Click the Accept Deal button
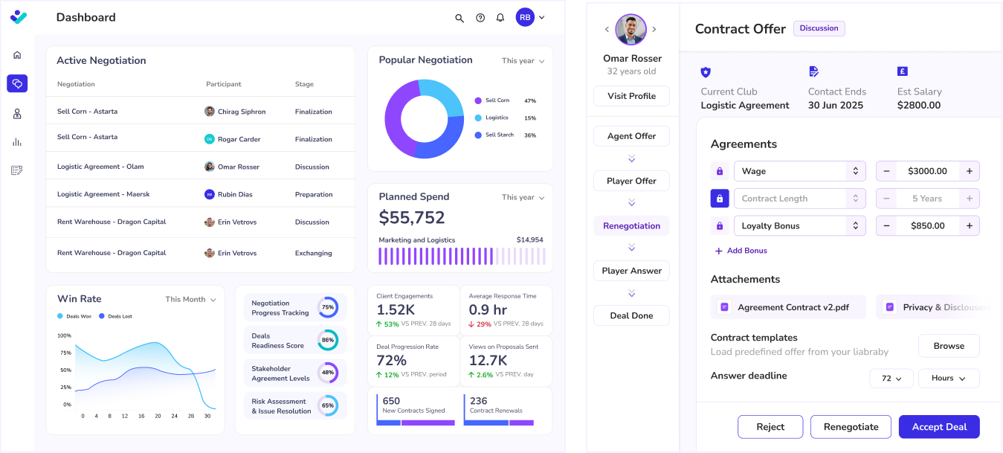point(939,427)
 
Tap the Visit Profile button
point(631,96)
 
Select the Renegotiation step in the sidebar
point(631,226)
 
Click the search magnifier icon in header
point(459,18)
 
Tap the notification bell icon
point(500,18)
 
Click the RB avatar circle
point(525,17)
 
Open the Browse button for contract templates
point(949,346)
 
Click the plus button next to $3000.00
point(969,171)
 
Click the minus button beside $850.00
point(886,226)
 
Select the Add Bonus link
point(741,251)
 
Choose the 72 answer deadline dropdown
point(891,379)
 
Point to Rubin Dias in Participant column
point(234,195)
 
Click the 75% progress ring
point(328,307)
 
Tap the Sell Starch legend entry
point(499,135)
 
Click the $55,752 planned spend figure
point(412,218)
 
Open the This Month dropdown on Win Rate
point(190,300)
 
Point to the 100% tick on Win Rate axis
point(65,335)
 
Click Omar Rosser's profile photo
point(630,30)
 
